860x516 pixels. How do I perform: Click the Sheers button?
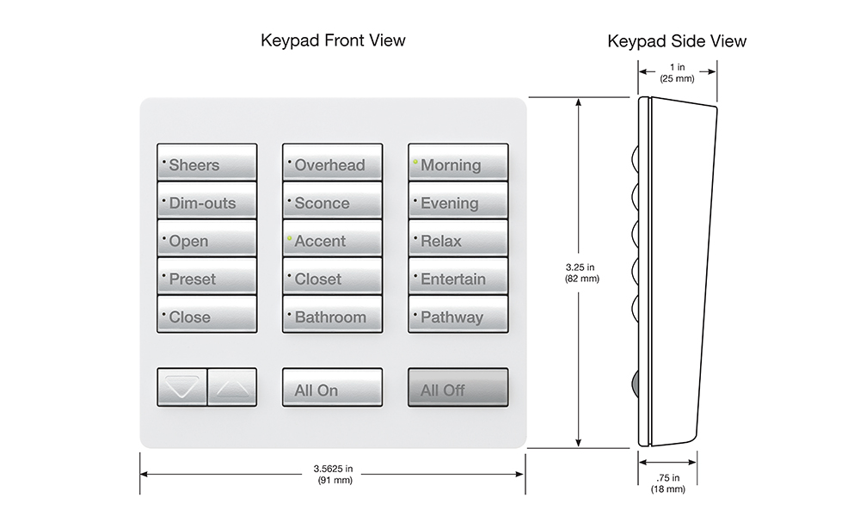click(206, 163)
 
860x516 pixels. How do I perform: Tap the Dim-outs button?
click(206, 202)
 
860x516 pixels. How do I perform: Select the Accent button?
click(332, 240)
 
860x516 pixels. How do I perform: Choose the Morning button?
click(458, 163)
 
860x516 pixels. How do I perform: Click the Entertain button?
click(458, 278)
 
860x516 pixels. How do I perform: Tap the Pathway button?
click(458, 316)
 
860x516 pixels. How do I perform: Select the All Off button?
click(458, 388)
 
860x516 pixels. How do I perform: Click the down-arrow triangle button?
click(181, 388)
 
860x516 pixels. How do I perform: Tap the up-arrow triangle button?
click(232, 388)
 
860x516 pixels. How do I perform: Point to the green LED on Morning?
click(415, 161)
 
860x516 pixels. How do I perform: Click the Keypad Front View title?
click(333, 40)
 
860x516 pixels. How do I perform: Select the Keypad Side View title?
click(677, 40)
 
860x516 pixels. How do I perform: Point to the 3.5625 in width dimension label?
click(333, 474)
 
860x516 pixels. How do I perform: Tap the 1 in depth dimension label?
click(677, 71)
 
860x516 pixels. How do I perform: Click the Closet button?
click(332, 278)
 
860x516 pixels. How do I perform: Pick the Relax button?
click(458, 240)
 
